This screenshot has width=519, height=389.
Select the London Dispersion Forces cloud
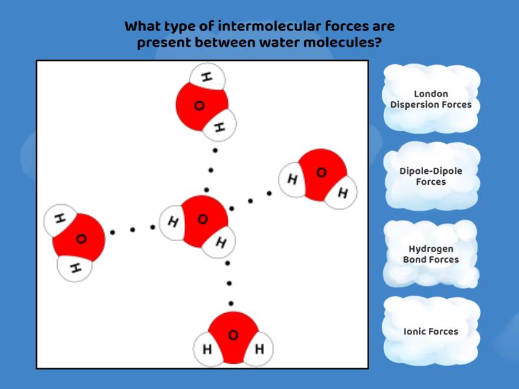pyautogui.click(x=431, y=99)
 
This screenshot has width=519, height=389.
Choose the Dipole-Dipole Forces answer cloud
pyautogui.click(x=431, y=176)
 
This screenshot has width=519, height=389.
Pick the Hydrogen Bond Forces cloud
pyautogui.click(x=431, y=254)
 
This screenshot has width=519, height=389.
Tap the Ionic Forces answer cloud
pyautogui.click(x=431, y=331)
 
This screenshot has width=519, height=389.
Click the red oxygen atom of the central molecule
pyautogui.click(x=202, y=219)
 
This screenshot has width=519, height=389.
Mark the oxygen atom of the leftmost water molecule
pyautogui.click(x=80, y=239)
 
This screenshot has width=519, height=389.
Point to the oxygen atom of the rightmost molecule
pyautogui.click(x=320, y=172)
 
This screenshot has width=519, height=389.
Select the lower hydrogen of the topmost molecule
pyautogui.click(x=219, y=126)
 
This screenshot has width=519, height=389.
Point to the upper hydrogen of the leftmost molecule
pyautogui.click(x=60, y=219)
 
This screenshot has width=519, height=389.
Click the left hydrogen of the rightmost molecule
pyautogui.click(x=293, y=179)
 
